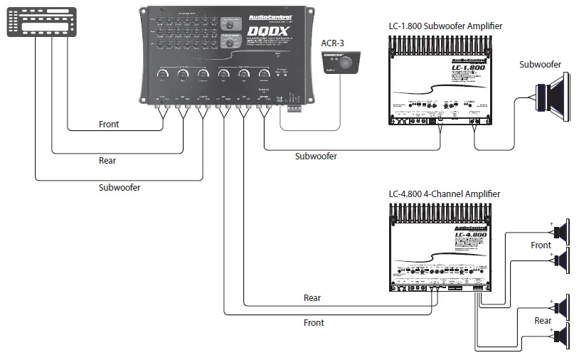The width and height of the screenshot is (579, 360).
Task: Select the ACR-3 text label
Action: point(331,42)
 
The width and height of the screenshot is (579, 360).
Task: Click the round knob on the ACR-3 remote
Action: point(345,63)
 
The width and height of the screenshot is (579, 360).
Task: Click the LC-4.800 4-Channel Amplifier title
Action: point(444,194)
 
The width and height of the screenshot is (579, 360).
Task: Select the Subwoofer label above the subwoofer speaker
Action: point(540,65)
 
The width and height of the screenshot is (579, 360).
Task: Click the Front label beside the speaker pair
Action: point(541,245)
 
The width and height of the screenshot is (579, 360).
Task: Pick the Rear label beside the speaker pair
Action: point(543,321)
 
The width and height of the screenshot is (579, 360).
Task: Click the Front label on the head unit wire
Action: point(109,125)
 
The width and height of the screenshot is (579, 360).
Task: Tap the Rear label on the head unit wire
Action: point(107,161)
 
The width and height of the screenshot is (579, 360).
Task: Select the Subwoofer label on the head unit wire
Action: point(119,188)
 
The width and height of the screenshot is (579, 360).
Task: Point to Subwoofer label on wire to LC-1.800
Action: point(316,156)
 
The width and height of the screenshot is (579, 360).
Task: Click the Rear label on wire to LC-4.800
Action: point(312,298)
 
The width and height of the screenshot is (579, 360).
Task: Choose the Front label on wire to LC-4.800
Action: point(314,322)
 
